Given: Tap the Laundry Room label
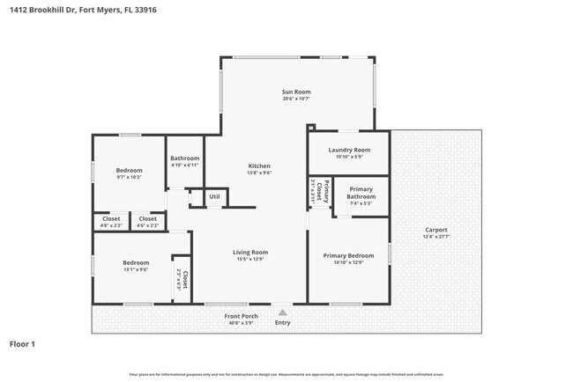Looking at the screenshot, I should tap(349, 151).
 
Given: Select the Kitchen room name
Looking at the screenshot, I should tap(258, 166).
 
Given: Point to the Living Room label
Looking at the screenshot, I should tap(249, 252).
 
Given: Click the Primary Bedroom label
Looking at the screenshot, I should tap(349, 255).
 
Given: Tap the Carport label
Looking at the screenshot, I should tap(436, 230).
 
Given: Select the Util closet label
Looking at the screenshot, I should tap(214, 196).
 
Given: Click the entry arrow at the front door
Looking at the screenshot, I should tap(281, 311).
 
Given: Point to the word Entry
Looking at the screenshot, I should tap(282, 323).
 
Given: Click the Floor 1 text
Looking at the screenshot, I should tap(23, 343).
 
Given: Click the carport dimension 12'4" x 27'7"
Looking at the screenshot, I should tap(436, 237).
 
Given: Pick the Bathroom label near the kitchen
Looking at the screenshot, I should tap(185, 158).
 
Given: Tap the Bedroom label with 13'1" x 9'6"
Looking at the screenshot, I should tap(136, 262).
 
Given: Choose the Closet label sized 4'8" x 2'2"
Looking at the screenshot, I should tap(111, 218).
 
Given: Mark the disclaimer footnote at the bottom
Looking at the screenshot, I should tap(286, 374).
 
